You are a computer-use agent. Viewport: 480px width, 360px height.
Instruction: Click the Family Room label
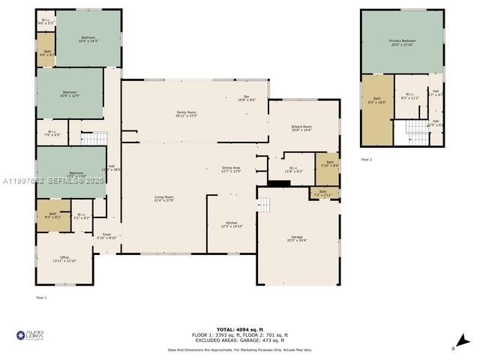pyautogui.click(x=186, y=113)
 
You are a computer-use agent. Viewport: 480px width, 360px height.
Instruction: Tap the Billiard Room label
pyautogui.click(x=301, y=129)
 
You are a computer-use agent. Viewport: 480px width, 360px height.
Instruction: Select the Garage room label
pyautogui.click(x=297, y=239)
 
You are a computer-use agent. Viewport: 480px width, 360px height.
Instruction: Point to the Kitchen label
pyautogui.click(x=232, y=224)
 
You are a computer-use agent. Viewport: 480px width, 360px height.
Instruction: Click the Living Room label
pyautogui.click(x=163, y=199)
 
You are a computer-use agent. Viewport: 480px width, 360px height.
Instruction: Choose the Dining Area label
pyautogui.click(x=231, y=169)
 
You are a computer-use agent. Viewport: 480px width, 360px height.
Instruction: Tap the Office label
pyautogui.click(x=65, y=259)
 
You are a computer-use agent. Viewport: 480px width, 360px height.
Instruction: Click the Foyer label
pyautogui.click(x=107, y=235)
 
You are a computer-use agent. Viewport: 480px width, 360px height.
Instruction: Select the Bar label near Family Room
pyautogui.click(x=247, y=98)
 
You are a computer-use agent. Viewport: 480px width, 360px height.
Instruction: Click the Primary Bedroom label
pyautogui.click(x=402, y=43)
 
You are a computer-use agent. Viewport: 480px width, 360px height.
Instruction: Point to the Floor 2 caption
pyautogui.click(x=366, y=160)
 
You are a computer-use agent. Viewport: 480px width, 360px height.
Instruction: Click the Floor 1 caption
pyautogui.click(x=41, y=298)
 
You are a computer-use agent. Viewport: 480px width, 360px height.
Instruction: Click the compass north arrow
pyautogui.click(x=463, y=341)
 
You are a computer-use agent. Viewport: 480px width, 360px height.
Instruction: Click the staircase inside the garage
pyautogui.click(x=265, y=204)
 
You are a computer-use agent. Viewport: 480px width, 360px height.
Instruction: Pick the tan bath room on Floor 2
pyautogui.click(x=377, y=110)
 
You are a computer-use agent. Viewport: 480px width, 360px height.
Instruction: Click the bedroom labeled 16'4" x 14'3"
pyautogui.click(x=88, y=39)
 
